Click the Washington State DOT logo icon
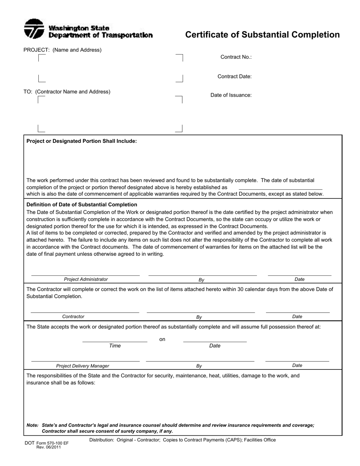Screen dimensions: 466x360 tap(34, 29)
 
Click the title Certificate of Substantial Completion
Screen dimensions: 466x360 tap(262, 35)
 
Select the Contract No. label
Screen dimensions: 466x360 tap(236, 57)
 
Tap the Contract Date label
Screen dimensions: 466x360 tap(234, 77)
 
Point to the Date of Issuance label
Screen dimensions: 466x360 tap(231, 95)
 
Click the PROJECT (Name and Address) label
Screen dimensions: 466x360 tap(63, 50)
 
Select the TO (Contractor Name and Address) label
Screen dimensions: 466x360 tap(67, 92)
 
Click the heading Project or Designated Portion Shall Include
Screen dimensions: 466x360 tap(81, 141)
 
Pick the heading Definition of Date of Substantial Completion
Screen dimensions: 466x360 tap(81, 205)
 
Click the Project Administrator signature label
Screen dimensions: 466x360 tap(86, 279)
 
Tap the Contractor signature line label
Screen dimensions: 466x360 tap(73, 316)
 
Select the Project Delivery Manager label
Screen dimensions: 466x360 tap(83, 366)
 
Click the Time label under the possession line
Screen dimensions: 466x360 tap(115, 346)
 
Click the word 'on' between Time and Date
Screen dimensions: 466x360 tap(162, 339)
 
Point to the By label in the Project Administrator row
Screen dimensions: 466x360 tap(202, 280)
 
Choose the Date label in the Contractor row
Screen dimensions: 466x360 tap(297, 316)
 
